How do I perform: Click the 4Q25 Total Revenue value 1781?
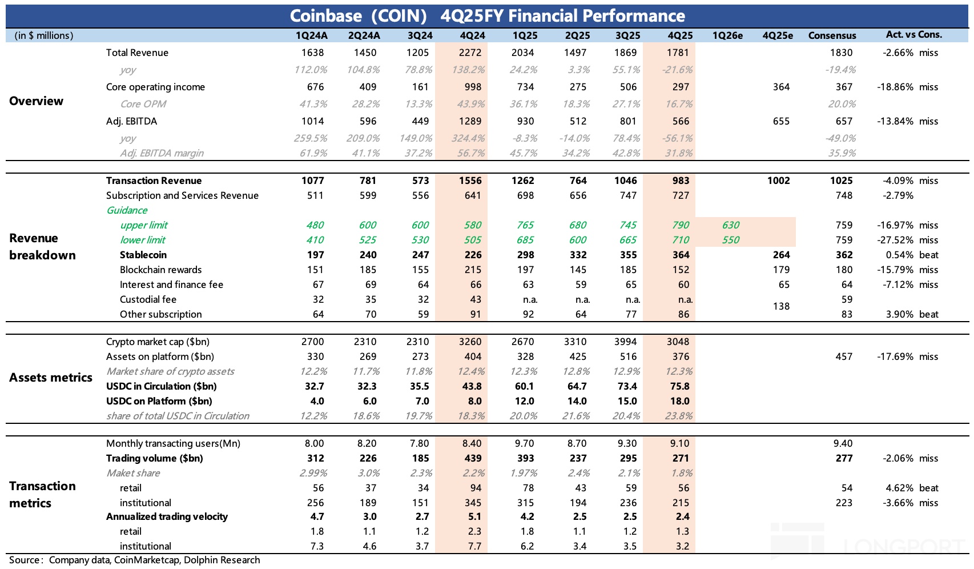678,53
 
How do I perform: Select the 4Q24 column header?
472,35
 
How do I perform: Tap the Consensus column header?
832,35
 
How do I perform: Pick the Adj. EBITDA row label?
131,121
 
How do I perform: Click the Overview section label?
36,101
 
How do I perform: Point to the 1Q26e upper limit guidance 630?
730,225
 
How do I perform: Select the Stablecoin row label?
143,255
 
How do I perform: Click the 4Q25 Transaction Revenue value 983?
680,181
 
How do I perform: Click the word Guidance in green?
127,210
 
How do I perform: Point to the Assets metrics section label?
51,378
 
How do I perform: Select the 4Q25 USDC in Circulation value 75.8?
679,386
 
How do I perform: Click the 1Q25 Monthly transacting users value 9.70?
525,443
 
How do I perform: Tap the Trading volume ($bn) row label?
154,458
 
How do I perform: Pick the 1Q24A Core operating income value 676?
315,87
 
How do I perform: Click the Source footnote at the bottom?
134,560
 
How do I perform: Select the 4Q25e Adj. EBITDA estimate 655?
780,121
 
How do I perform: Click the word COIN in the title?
399,16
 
